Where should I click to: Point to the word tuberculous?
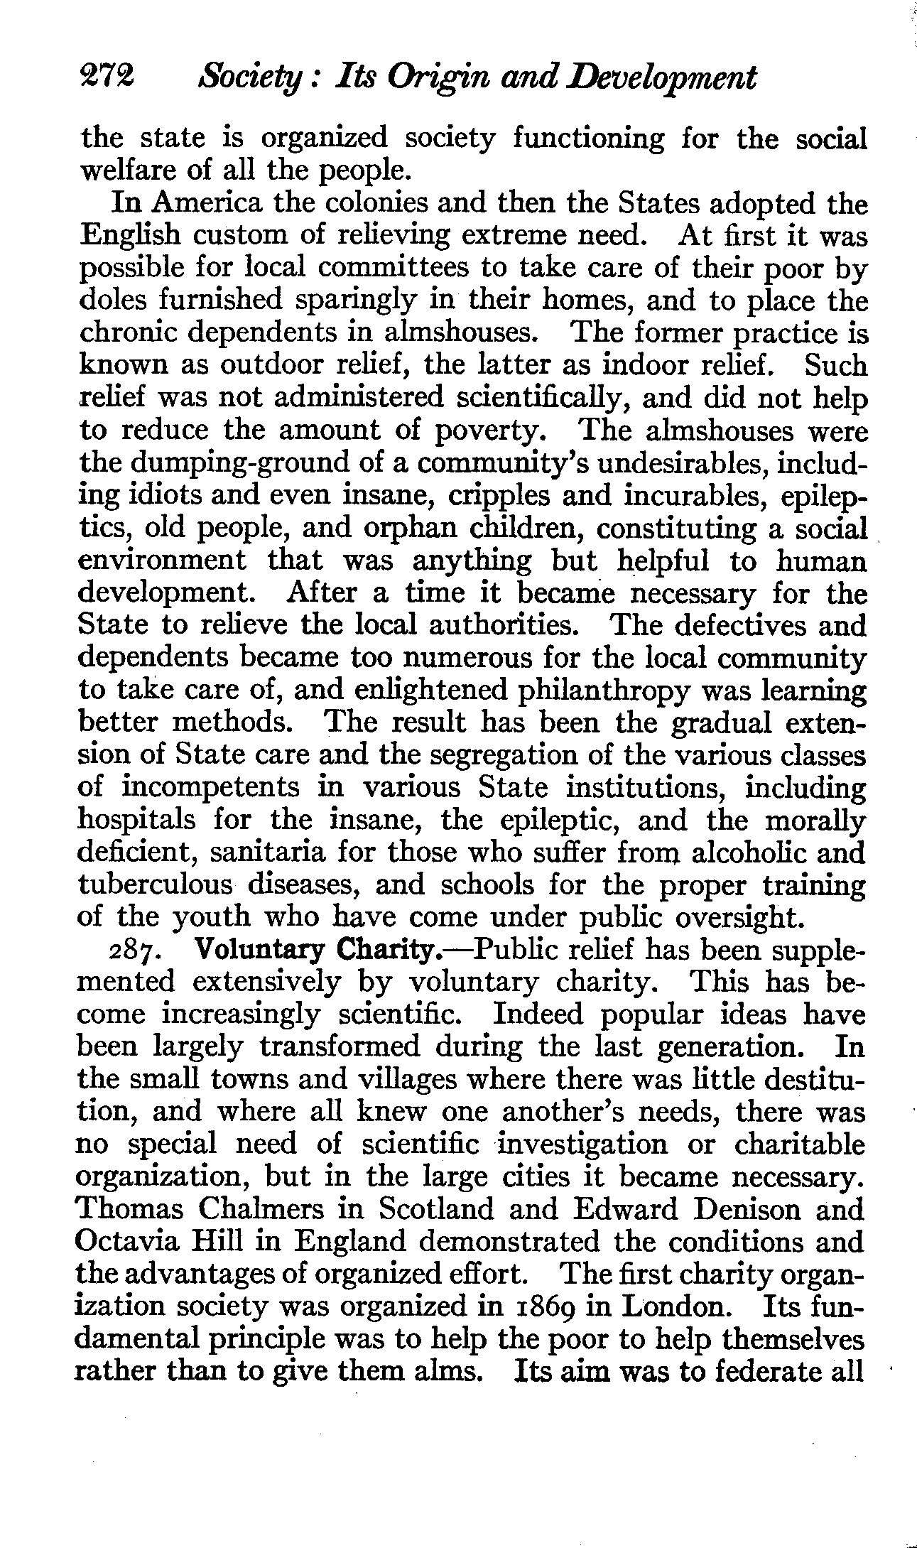156,884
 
